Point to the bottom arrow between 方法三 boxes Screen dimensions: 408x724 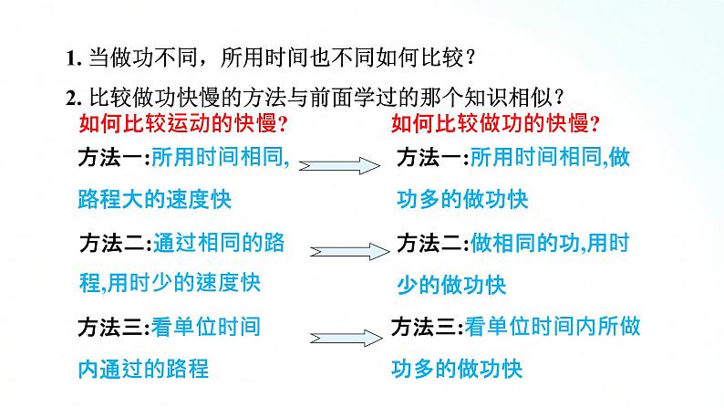[351, 333]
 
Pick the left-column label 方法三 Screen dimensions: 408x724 [114, 327]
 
